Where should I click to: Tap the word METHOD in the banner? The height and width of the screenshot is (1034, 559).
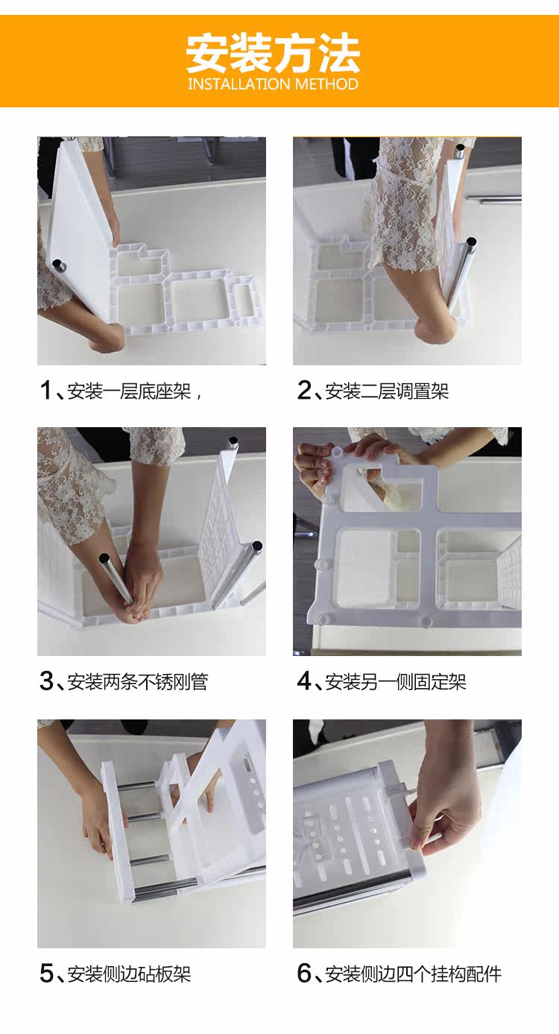tap(326, 84)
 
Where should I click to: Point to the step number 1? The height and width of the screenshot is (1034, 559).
tap(45, 391)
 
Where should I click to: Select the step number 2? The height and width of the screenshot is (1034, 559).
tap(304, 391)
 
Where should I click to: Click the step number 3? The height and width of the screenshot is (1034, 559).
tap(47, 681)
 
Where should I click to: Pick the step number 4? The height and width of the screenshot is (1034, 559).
tap(305, 681)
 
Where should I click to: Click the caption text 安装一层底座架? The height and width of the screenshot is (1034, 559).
tap(129, 391)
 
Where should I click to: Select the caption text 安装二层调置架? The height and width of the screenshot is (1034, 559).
tap(387, 391)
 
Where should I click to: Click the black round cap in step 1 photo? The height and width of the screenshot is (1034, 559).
tap(59, 265)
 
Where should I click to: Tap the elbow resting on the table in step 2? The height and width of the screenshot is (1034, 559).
tap(434, 330)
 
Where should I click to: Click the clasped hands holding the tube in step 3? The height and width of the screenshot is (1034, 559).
tap(141, 586)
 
